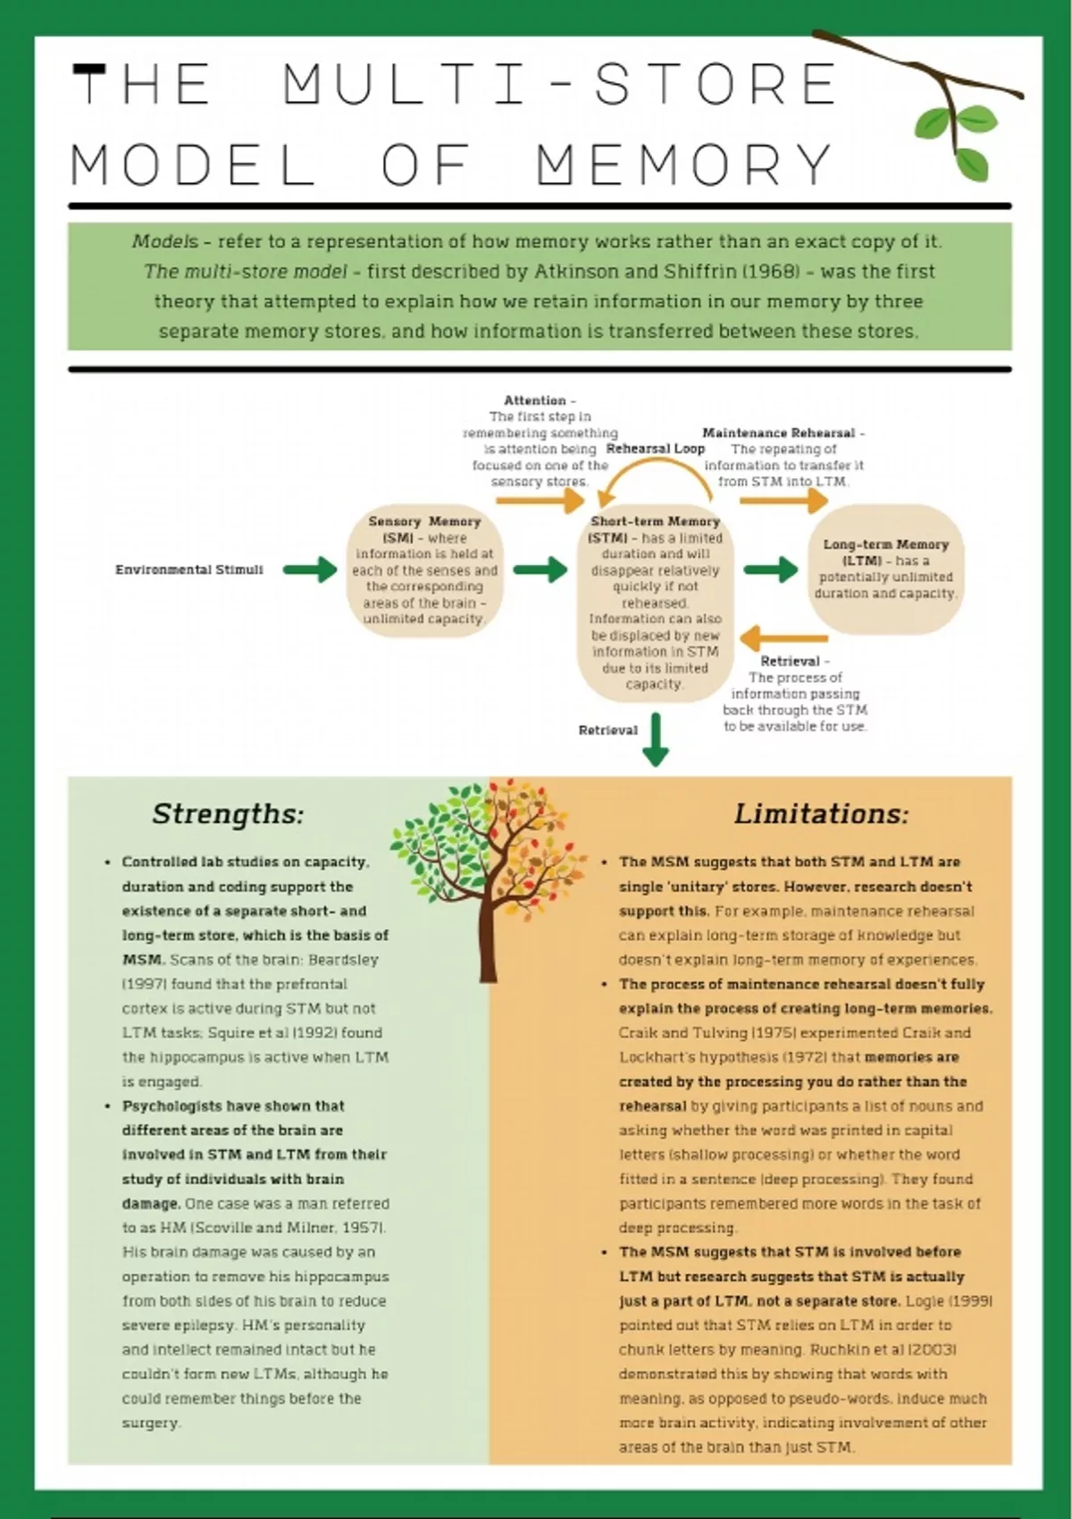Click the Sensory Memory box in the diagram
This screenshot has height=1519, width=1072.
pos(424,569)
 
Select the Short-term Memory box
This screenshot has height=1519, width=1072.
pos(655,602)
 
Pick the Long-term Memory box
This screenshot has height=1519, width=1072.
pos(885,568)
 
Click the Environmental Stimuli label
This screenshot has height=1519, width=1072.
pos(189,569)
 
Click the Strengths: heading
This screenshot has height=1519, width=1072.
pos(228,813)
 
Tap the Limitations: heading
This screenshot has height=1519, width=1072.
pos(821,813)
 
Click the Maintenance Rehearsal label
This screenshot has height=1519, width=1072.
pos(779,432)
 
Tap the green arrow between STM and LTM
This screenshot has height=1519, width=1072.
pos(770,569)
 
